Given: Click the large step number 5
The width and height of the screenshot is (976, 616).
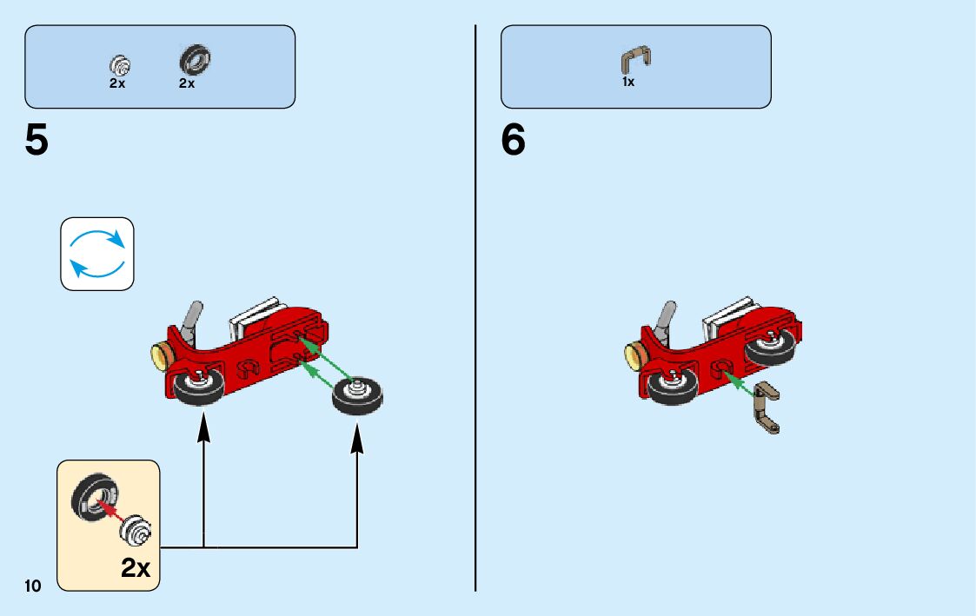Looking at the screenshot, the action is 37,141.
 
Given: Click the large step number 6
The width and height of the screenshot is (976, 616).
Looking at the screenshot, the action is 513,141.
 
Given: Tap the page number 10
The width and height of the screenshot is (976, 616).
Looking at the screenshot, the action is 33,586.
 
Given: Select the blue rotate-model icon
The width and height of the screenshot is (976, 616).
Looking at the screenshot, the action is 97,254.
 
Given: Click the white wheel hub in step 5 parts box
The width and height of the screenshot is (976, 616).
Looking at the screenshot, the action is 120,64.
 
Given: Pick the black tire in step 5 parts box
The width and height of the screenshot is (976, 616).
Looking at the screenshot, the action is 196,61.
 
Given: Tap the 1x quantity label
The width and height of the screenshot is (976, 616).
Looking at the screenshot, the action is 627,83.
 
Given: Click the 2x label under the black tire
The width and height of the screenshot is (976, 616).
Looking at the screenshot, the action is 187,84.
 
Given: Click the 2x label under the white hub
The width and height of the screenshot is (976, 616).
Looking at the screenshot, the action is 117,84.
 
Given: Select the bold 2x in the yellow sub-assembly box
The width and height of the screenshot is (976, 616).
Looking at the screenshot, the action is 136,568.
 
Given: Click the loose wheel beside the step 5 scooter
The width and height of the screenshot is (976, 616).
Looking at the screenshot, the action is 357,397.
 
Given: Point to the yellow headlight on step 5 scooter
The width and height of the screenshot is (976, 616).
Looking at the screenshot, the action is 159,355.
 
